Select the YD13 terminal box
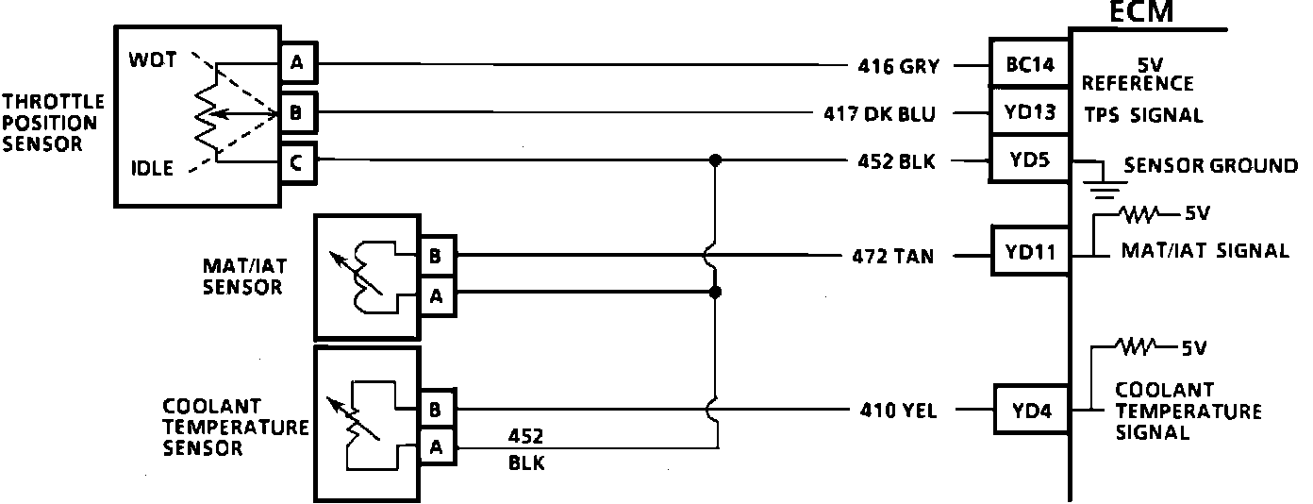point(1029,114)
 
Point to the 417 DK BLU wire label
point(879,115)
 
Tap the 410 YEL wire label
point(894,411)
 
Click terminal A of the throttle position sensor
point(297,64)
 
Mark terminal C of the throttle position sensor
point(297,162)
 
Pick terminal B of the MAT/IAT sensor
point(437,255)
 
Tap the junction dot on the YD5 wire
point(716,161)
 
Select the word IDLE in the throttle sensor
point(152,170)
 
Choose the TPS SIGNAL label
point(1143,116)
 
